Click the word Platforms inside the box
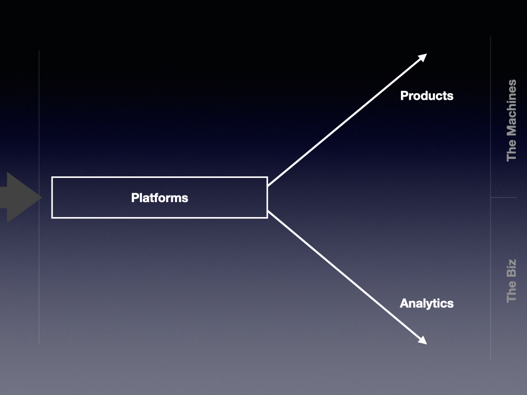pyautogui.click(x=160, y=198)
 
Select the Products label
pyautogui.click(x=427, y=96)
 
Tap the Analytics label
pyautogui.click(x=427, y=303)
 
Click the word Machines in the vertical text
pyautogui.click(x=512, y=107)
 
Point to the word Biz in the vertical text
pyautogui.click(x=512, y=268)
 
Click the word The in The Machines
pyautogui.click(x=512, y=150)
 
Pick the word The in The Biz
pyautogui.click(x=512, y=292)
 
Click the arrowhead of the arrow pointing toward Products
pyautogui.click(x=423, y=58)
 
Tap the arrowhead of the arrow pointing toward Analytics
pyautogui.click(x=423, y=340)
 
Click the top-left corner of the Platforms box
pyautogui.click(x=52, y=177)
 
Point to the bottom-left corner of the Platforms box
pyautogui.click(x=52, y=218)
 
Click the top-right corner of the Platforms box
pyautogui.click(x=268, y=177)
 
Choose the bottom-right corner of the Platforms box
pyautogui.click(x=268, y=218)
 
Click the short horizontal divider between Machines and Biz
pyautogui.click(x=504, y=197)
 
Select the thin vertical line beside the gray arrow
pyautogui.click(x=39, y=197)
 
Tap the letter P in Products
pyautogui.click(x=404, y=96)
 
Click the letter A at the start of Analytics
pyautogui.click(x=404, y=303)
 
